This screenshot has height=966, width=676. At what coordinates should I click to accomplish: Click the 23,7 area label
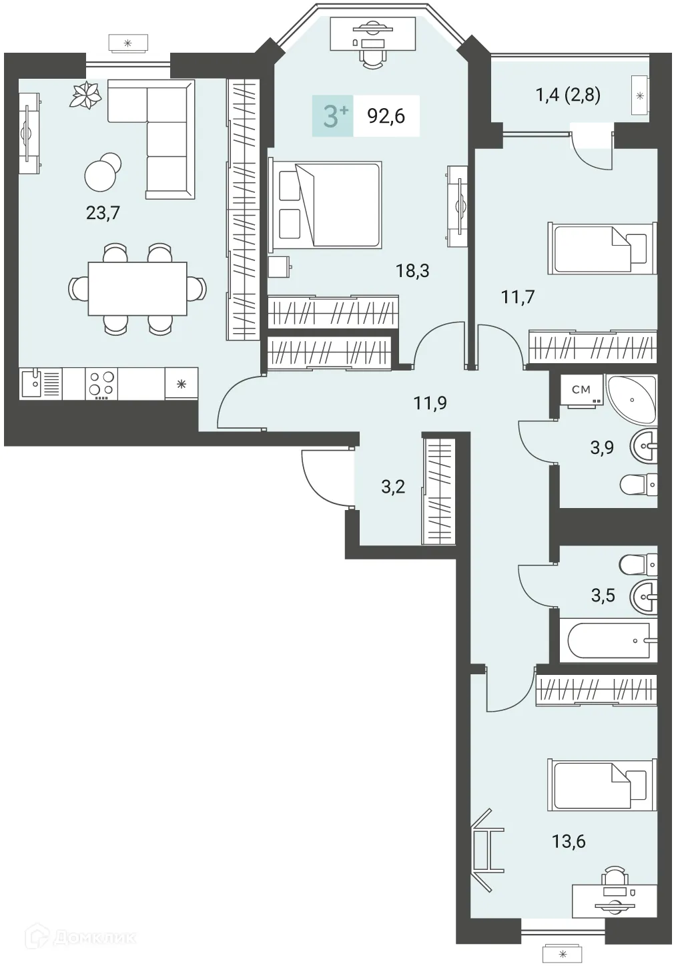(x=103, y=213)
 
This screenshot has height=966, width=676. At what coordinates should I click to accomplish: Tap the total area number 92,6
(x=386, y=116)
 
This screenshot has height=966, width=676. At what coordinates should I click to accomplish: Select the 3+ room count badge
(x=333, y=115)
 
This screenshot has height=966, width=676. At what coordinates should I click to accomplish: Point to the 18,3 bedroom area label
(x=412, y=271)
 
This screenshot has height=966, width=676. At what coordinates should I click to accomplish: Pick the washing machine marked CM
(x=582, y=392)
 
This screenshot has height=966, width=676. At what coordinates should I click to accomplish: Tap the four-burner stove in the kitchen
(x=101, y=383)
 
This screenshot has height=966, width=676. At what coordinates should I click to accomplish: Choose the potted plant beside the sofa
(x=86, y=95)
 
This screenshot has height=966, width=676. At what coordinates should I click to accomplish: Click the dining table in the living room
(x=137, y=288)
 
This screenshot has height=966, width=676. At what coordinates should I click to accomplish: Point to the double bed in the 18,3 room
(x=326, y=204)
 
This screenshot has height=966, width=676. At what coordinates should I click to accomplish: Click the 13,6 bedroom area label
(x=569, y=841)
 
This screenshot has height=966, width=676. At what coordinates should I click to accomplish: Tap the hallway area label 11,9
(x=430, y=403)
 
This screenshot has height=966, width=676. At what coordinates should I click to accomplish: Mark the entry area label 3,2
(x=393, y=487)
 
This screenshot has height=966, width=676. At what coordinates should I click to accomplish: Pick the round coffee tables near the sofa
(x=103, y=172)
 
